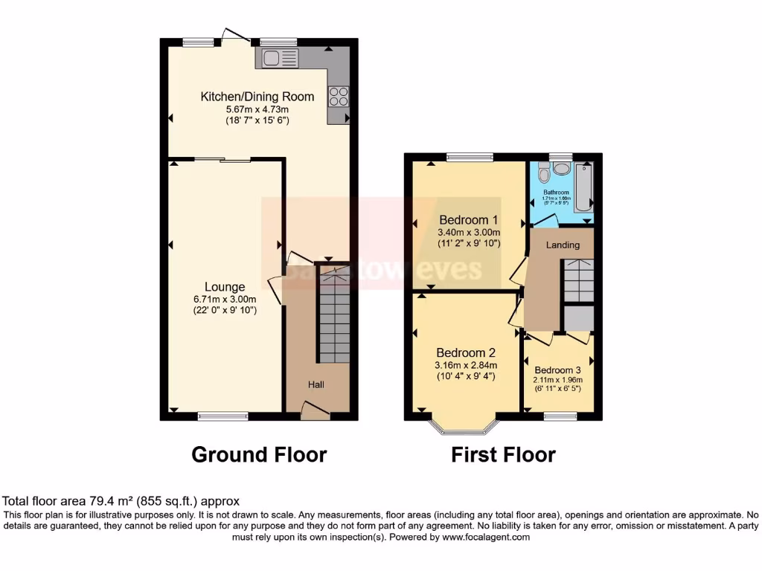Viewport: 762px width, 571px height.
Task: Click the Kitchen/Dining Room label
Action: tap(257, 97)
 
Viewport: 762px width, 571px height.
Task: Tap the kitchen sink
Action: tap(277, 58)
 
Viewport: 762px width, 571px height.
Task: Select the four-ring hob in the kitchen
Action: tap(339, 97)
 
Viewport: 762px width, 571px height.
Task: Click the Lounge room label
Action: tap(225, 287)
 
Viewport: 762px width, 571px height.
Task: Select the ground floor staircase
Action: tap(333, 316)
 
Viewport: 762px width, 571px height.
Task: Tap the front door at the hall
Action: tap(316, 410)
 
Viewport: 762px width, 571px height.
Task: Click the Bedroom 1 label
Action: tap(469, 220)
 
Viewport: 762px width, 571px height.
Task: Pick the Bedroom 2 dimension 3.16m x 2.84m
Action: tap(466, 365)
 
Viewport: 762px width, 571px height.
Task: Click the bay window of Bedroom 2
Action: tap(463, 426)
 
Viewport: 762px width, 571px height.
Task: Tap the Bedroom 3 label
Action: tap(557, 370)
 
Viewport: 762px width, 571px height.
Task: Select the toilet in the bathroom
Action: tap(544, 175)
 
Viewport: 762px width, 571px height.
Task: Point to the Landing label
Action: tap(563, 245)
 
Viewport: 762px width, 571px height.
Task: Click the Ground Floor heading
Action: tap(259, 454)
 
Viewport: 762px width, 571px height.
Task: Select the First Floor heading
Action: tap(503, 454)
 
